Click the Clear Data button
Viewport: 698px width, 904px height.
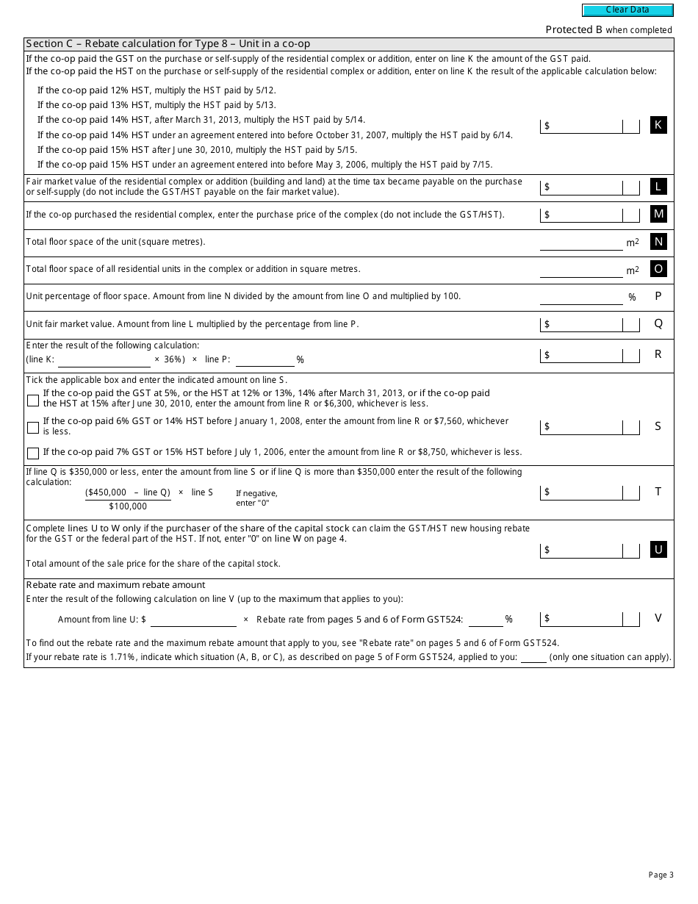point(627,10)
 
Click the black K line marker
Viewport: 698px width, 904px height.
point(658,125)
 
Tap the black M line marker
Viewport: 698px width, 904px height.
point(658,214)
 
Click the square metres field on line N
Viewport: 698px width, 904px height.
point(580,243)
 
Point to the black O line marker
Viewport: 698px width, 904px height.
point(658,269)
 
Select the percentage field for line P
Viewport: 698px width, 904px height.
point(580,297)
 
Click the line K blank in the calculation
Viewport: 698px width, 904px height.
point(104,359)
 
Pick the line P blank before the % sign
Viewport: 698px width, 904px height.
point(265,359)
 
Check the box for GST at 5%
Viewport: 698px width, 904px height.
point(33,401)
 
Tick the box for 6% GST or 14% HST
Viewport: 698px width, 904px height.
point(33,427)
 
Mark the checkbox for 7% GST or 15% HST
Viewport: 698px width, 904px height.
point(33,453)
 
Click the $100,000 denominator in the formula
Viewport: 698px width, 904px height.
point(128,506)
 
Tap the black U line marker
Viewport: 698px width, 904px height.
point(658,549)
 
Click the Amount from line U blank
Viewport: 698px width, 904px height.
point(193,620)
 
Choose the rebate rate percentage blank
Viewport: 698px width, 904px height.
point(485,620)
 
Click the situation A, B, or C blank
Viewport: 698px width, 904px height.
point(533,657)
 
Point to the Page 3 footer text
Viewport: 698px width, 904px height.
point(661,875)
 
